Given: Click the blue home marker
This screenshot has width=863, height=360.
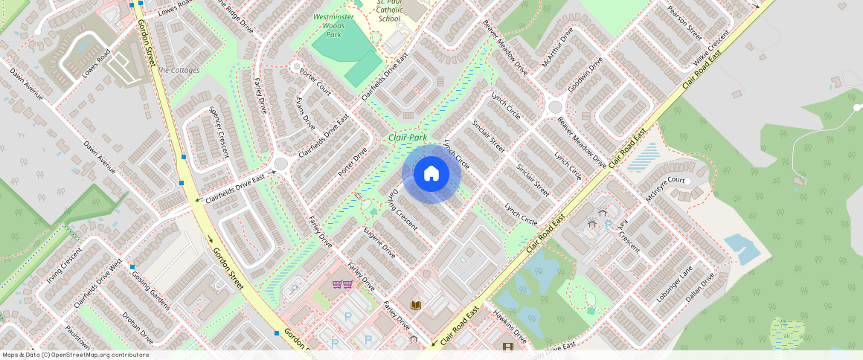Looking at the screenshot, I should (x=431, y=174).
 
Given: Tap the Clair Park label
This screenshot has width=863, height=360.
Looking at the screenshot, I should (x=407, y=138).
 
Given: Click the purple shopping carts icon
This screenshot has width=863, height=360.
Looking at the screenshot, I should (x=342, y=285).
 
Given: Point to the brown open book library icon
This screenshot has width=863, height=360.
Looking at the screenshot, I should (x=416, y=305).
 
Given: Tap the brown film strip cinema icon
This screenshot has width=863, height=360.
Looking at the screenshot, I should (x=507, y=347).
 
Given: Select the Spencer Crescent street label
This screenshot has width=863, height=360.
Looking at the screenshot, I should (x=220, y=132).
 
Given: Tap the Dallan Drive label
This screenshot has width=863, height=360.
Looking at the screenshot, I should (x=700, y=286).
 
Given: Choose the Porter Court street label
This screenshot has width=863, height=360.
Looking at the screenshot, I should (x=315, y=81).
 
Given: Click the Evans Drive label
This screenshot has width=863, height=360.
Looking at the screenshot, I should (x=305, y=112).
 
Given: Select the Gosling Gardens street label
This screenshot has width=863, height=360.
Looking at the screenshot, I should (x=151, y=291).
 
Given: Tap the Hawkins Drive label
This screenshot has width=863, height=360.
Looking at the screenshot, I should (x=510, y=327).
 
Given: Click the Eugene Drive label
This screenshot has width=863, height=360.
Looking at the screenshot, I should (x=379, y=243).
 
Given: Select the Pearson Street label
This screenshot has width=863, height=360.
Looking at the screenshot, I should (x=684, y=23).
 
